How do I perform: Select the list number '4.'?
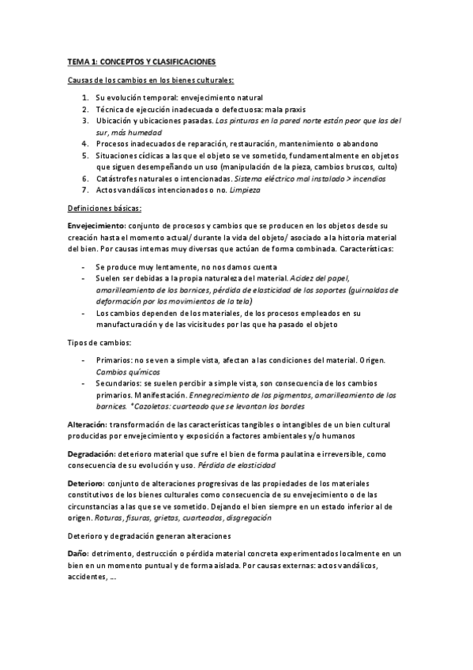coord(85,144)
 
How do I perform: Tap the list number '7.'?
coord(85,190)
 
